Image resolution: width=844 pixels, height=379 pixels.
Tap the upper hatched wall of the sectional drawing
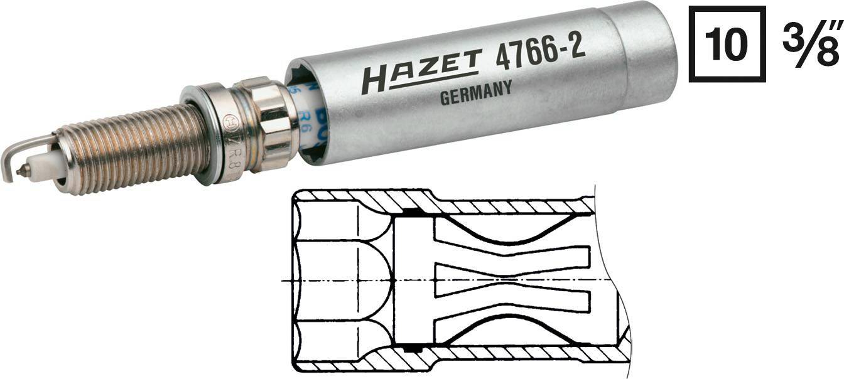click(x=502, y=205)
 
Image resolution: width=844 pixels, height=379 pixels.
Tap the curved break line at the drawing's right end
click(x=608, y=276)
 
